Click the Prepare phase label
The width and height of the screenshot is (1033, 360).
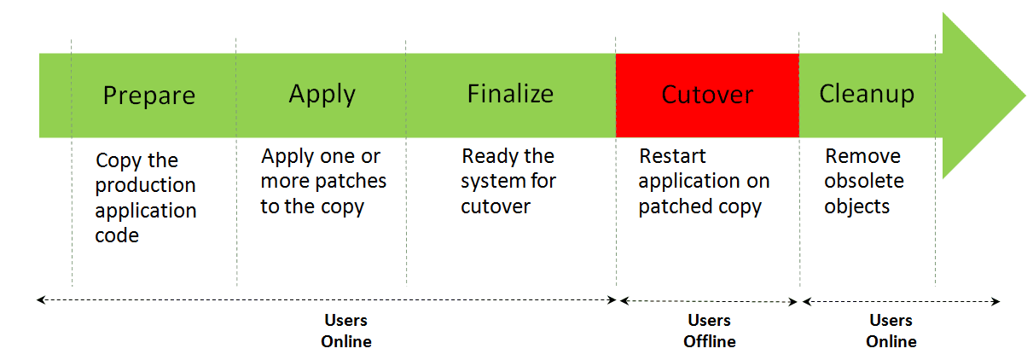148,95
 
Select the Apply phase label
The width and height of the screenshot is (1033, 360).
322,94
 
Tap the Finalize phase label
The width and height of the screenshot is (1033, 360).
510,93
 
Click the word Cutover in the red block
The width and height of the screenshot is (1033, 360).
707,95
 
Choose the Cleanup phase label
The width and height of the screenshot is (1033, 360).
867,94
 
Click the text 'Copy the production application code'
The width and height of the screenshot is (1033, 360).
145,197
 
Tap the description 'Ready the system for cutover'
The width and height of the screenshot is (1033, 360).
508,181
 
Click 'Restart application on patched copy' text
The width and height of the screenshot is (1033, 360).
704,181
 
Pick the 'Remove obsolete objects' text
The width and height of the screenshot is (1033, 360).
863,181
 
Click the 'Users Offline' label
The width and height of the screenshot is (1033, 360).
709,330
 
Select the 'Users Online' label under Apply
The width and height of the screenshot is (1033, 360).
345,330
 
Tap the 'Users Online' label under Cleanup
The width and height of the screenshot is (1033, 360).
891,330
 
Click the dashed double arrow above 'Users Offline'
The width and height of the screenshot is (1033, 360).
708,300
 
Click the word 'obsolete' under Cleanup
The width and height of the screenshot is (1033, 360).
863,181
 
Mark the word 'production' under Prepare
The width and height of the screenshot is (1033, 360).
145,185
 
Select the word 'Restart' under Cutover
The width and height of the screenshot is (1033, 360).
672,157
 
